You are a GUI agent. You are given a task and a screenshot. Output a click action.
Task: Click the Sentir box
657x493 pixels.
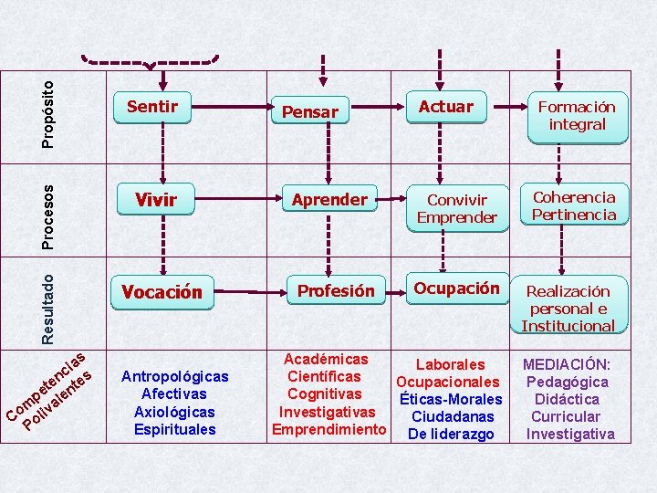[x=152, y=107]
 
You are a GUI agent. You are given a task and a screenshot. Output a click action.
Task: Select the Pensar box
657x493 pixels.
[x=310, y=111]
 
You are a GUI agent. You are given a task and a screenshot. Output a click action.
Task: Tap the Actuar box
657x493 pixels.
[x=445, y=107]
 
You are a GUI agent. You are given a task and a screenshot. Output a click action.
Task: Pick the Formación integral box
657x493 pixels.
[x=577, y=116]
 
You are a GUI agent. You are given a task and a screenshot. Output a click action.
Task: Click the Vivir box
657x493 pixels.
[x=155, y=199]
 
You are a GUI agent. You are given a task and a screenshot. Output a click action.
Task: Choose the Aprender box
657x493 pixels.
[x=329, y=199]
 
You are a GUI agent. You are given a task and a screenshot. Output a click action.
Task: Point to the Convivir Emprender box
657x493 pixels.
[x=456, y=208]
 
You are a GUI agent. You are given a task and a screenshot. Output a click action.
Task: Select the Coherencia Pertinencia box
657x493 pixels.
[x=574, y=206]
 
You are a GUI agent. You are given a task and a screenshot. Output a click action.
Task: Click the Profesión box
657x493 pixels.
[x=336, y=291]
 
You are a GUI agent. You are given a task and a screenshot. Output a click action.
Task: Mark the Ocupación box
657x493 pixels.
[x=456, y=288]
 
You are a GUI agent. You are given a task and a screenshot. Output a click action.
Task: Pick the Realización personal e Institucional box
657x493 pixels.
[x=568, y=308]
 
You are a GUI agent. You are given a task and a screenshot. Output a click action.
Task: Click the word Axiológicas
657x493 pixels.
[x=174, y=412]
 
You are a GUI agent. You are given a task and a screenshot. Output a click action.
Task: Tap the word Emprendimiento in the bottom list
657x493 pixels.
[x=329, y=428]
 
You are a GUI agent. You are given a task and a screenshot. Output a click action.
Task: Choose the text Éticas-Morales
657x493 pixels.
[x=450, y=400]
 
